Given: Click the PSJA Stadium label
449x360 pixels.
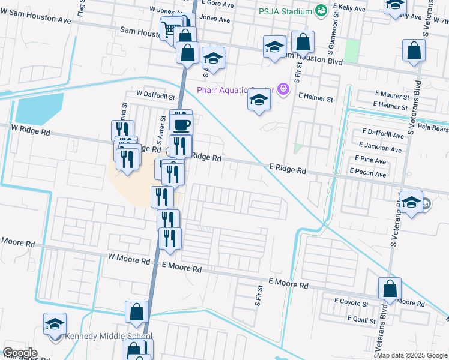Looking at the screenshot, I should pos(285,11).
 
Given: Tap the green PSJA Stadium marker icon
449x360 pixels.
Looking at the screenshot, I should pos(321,11).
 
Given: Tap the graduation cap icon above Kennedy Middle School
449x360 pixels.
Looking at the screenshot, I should pos(55,325).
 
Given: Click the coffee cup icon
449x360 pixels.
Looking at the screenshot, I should pos(181,125).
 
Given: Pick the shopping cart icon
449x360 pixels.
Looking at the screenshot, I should pos(170,28).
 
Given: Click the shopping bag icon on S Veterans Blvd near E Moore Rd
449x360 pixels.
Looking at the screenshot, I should pos(390,289).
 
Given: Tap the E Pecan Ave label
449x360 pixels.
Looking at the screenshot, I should pos(369,174).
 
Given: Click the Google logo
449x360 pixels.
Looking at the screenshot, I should pos(20,353).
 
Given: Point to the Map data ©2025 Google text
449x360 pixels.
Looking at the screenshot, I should pos(412,355).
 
